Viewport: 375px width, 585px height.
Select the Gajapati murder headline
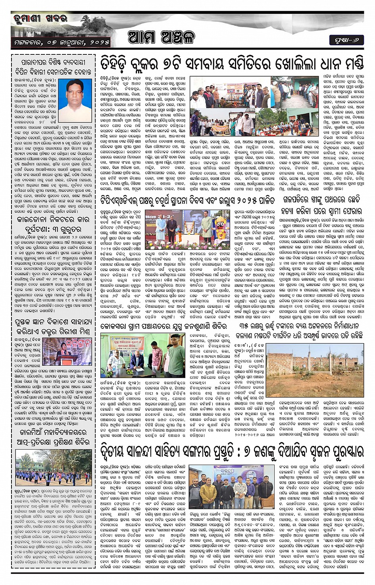click(321, 205)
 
